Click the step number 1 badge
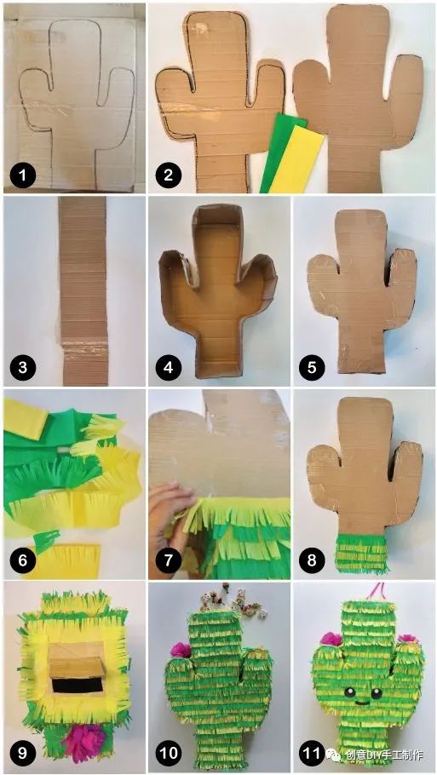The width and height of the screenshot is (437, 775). tap(24, 175)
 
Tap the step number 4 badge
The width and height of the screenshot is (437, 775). tap(169, 368)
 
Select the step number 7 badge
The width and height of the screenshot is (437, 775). tap(169, 561)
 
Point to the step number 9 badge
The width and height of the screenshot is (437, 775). tap(24, 754)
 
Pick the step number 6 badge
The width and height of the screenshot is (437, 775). tap(24, 561)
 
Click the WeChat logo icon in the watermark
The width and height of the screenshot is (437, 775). tap(333, 755)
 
